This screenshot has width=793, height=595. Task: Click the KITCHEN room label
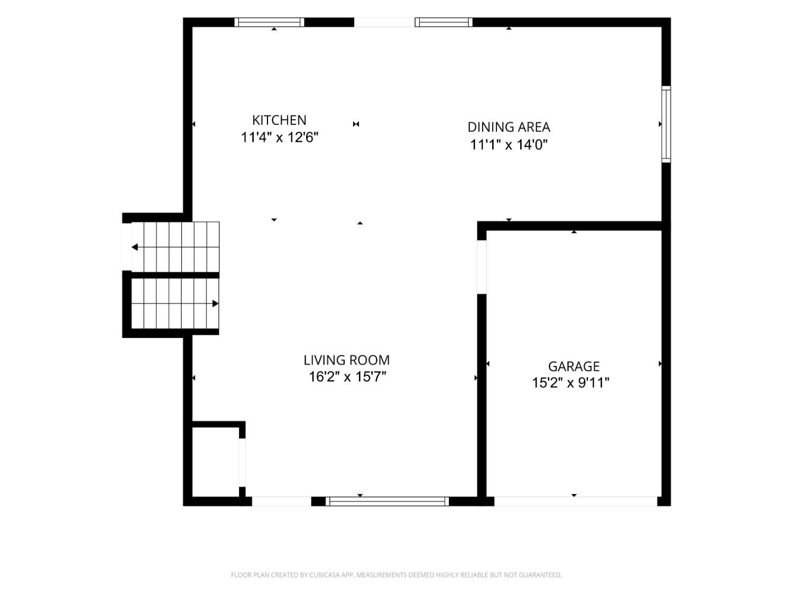tap(279, 120)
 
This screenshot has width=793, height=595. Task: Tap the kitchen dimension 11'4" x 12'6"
tap(279, 138)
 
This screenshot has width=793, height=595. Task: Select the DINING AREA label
tap(509, 127)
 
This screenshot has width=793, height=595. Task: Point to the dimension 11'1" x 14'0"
tap(509, 144)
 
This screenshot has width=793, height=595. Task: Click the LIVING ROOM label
tap(346, 360)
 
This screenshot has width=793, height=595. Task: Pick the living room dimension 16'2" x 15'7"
tap(347, 377)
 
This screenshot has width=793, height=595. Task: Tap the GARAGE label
tap(574, 367)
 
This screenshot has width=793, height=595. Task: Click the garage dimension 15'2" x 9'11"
tap(570, 382)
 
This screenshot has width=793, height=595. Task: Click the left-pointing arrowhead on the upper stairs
tap(135, 247)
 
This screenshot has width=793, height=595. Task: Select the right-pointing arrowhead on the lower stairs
tap(215, 304)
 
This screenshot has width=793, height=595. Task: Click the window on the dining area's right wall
tap(666, 124)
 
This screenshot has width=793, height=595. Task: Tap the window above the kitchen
tap(269, 22)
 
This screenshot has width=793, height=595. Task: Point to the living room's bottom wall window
tap(387, 501)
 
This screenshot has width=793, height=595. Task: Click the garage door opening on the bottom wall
tap(575, 501)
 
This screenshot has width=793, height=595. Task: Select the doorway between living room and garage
tap(482, 267)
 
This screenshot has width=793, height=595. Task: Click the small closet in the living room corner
tap(215, 462)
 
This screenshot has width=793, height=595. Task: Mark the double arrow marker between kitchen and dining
tap(356, 124)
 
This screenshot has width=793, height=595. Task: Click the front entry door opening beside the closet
tap(281, 501)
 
